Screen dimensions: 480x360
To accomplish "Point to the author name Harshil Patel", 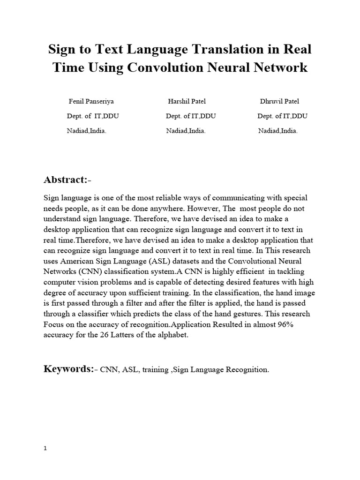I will click(187, 101).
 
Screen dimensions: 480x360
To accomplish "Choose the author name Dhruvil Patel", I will click(279, 101).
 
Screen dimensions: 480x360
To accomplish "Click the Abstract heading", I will click(65, 180).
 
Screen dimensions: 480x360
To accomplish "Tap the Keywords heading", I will click(68, 369).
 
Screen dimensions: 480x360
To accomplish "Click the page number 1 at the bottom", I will click(45, 448).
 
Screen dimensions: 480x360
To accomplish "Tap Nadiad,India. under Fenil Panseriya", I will click(87, 131).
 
